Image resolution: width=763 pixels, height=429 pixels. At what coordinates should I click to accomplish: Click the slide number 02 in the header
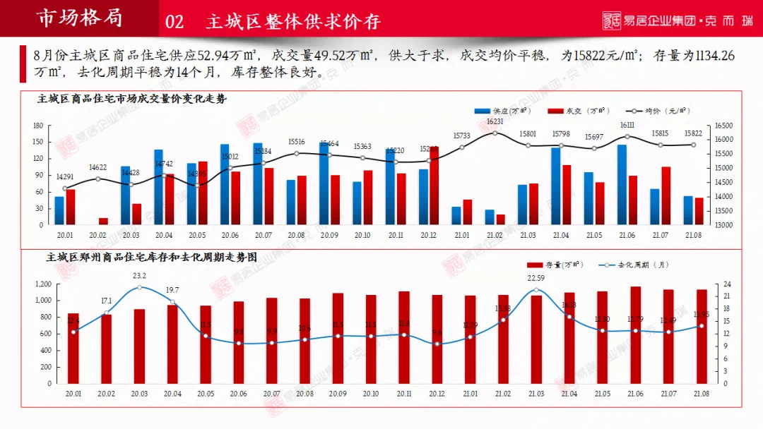pyautogui.click(x=175, y=22)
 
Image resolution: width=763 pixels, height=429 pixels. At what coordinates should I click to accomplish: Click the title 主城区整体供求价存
pyautogui.click(x=293, y=22)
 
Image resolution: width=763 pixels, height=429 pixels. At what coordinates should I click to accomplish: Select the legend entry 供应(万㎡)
pyautogui.click(x=503, y=111)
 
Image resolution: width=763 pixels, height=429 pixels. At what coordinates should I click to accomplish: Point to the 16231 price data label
pyautogui.click(x=495, y=121)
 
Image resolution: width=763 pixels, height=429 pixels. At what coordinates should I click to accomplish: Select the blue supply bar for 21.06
pyautogui.click(x=622, y=185)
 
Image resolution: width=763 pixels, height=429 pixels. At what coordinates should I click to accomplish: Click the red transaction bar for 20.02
pyautogui.click(x=103, y=222)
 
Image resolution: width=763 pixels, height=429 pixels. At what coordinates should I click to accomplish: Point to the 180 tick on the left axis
pyautogui.click(x=38, y=126)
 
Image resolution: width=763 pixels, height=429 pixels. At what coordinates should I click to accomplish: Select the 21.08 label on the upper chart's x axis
pyautogui.click(x=693, y=235)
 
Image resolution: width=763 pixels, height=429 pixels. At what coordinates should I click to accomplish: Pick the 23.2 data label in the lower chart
pyautogui.click(x=139, y=276)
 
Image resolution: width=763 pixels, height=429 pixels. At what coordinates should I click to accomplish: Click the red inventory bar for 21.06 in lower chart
pyautogui.click(x=636, y=334)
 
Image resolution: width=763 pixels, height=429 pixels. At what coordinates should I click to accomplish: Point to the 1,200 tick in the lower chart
pyautogui.click(x=42, y=284)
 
